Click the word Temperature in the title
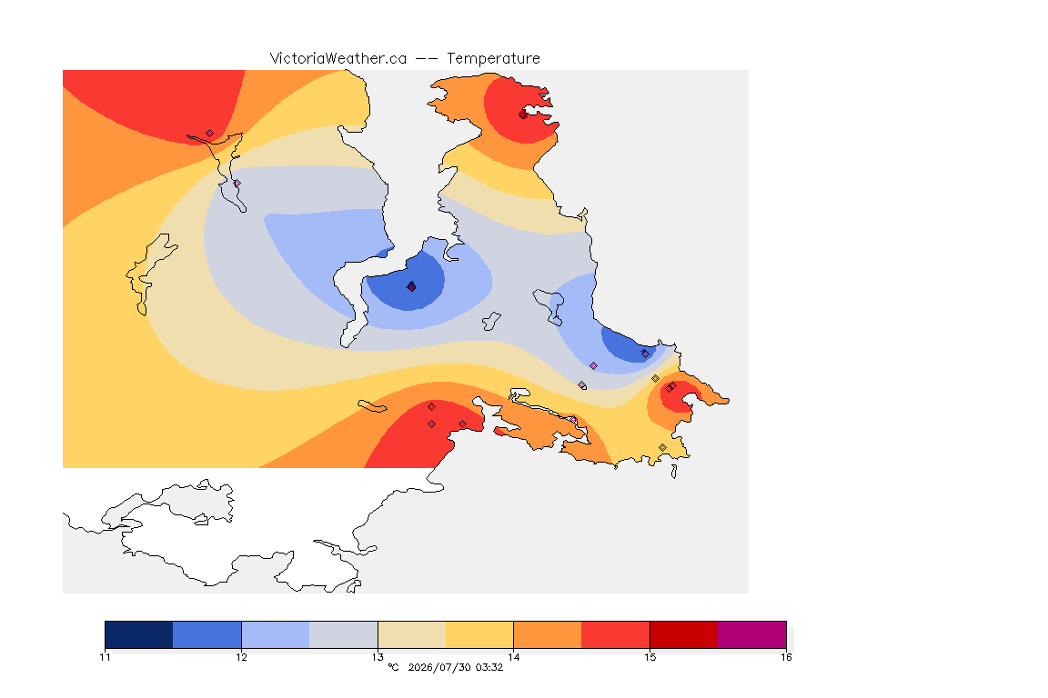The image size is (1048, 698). [x=493, y=59]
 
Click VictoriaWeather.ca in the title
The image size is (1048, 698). [x=338, y=59]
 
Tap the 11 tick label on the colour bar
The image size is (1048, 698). [x=105, y=657]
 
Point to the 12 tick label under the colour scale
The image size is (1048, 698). [x=241, y=657]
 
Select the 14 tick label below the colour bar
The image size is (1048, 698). [x=513, y=657]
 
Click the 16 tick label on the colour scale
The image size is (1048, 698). [x=786, y=657]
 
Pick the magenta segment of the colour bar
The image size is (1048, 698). [x=752, y=634]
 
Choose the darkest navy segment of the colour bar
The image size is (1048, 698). [x=139, y=634]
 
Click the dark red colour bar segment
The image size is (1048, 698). [x=684, y=634]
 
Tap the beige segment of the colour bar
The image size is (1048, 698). [x=412, y=634]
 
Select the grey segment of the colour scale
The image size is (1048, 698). [x=344, y=634]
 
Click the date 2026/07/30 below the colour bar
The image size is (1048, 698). [x=438, y=667]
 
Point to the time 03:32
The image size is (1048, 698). [x=489, y=667]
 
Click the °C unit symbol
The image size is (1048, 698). [x=394, y=667]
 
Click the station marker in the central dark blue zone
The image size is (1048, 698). [x=412, y=286]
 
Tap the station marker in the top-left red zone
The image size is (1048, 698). [x=210, y=134]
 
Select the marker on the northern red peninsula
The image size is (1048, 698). [x=523, y=115]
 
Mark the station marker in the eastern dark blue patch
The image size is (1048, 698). [x=645, y=354]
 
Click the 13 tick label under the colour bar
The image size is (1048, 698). [x=378, y=657]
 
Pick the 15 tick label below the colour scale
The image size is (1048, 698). [x=650, y=657]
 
